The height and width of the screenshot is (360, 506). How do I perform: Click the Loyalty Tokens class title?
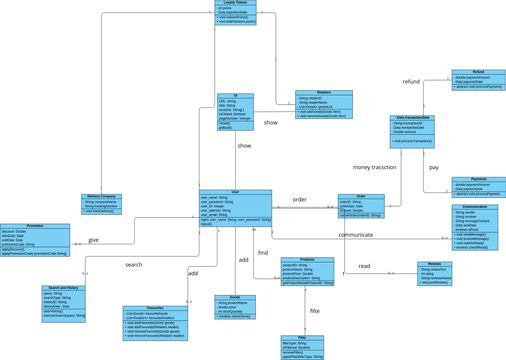[235, 3]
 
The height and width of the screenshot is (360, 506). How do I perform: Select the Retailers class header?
[323, 93]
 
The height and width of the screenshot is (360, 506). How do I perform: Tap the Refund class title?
[478, 72]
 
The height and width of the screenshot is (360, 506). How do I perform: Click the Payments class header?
[478, 180]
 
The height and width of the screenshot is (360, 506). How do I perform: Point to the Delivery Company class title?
[100, 196]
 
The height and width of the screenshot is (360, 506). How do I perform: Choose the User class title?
[235, 192]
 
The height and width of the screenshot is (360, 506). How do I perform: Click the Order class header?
[361, 196]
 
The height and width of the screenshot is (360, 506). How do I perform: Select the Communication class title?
[474, 207]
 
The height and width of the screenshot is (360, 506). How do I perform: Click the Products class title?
[307, 259]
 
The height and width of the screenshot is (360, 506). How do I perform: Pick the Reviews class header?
[435, 264]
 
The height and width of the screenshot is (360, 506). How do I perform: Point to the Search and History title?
[64, 288]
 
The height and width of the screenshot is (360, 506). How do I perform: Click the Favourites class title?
[155, 308]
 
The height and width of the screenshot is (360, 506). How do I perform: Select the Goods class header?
[235, 297]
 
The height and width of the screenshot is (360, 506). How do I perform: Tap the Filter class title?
[302, 338]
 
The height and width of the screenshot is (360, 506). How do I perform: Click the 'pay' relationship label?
[433, 167]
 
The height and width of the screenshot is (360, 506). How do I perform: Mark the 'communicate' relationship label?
[355, 235]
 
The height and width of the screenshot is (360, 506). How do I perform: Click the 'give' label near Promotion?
[93, 240]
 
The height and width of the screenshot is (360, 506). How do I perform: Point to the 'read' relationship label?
[364, 266]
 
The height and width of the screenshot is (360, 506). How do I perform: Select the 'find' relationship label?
[263, 253]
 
